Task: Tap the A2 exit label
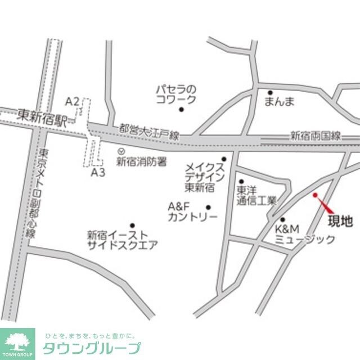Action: [x=72, y=101]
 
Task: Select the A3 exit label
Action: [x=98, y=173]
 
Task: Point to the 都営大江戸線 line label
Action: [x=149, y=132]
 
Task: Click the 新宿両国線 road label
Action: [x=316, y=136]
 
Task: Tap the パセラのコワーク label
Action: [x=176, y=94]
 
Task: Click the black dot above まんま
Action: [x=270, y=93]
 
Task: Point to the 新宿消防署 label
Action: [x=142, y=162]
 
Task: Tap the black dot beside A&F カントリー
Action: [x=209, y=207]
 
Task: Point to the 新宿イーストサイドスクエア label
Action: [x=121, y=240]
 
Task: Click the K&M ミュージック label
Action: [x=304, y=234]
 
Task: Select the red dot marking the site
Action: [x=315, y=195]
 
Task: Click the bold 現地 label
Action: [x=340, y=221]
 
